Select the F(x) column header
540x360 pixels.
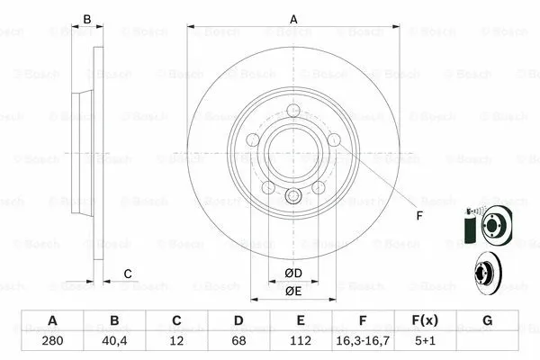pyautogui.click(x=425, y=321)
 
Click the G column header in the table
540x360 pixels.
pyautogui.click(x=487, y=321)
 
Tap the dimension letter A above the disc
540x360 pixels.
pyautogui.click(x=293, y=18)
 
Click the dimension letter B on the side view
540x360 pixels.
pyautogui.click(x=87, y=18)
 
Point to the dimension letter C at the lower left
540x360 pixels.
pyautogui.click(x=128, y=273)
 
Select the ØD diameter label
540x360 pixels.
pyautogui.click(x=293, y=273)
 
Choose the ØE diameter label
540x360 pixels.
pyautogui.click(x=293, y=291)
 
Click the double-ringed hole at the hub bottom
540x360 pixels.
pyautogui.click(x=293, y=197)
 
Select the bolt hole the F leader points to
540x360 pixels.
pyautogui.click(x=334, y=139)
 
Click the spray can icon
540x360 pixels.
pyautogui.click(x=468, y=226)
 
